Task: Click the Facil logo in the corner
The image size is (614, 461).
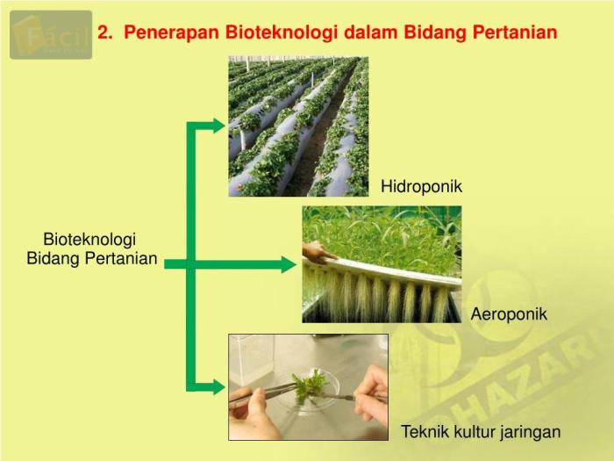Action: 51,34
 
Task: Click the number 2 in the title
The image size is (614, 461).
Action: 103,33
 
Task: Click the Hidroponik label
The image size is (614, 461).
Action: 421,186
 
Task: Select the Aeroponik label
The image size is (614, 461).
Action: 509,313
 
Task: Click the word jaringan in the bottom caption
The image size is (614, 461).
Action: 529,432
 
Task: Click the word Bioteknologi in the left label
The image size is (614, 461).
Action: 89,240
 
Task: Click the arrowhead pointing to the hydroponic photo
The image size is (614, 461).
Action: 218,125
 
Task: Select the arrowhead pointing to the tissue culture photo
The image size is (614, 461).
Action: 218,386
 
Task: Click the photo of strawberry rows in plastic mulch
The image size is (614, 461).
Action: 298,126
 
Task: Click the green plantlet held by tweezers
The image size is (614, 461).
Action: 310,386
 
